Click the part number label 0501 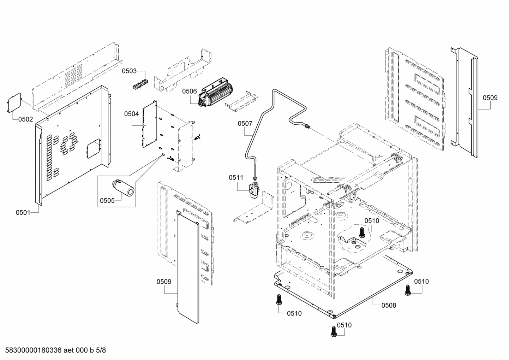23,212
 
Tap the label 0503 129,71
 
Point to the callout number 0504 131,114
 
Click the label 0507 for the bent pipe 245,123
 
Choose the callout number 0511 236,177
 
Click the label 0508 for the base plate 389,305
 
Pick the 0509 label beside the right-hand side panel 490,98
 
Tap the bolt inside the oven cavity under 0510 361,232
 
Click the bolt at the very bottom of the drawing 333,331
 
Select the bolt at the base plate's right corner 408,290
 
